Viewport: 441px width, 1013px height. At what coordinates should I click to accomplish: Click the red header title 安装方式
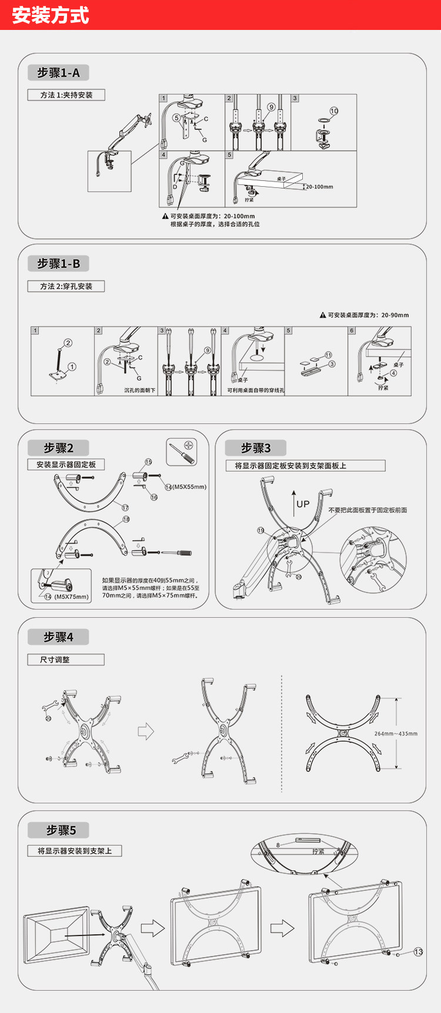click(x=51, y=15)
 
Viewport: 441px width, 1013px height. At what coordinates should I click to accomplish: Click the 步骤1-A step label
click(x=58, y=73)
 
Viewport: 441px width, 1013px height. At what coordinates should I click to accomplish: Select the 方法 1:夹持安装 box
click(x=66, y=95)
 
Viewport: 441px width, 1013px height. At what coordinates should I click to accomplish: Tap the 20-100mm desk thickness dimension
click(x=319, y=187)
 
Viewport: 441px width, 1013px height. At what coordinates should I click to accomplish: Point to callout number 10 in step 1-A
click(x=334, y=111)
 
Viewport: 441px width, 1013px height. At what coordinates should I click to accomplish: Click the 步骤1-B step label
click(x=58, y=264)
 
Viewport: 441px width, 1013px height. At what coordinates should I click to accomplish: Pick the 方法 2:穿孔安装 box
click(x=66, y=287)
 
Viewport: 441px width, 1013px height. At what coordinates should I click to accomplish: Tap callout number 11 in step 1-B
click(x=328, y=355)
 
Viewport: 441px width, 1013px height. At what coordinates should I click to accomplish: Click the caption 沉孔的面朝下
click(x=140, y=390)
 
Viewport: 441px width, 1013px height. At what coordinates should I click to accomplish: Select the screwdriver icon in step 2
click(x=182, y=452)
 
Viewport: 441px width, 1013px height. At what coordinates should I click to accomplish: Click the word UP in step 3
click(x=303, y=504)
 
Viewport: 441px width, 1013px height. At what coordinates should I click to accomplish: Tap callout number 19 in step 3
click(x=260, y=530)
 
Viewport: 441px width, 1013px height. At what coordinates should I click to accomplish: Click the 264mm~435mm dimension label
click(x=396, y=733)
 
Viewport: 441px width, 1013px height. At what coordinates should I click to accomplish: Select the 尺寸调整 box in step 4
click(x=65, y=660)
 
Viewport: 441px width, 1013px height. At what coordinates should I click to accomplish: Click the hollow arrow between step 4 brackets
click(x=145, y=731)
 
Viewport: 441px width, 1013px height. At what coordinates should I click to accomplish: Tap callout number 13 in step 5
click(x=418, y=952)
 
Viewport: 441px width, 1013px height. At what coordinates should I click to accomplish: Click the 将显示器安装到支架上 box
click(x=75, y=851)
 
